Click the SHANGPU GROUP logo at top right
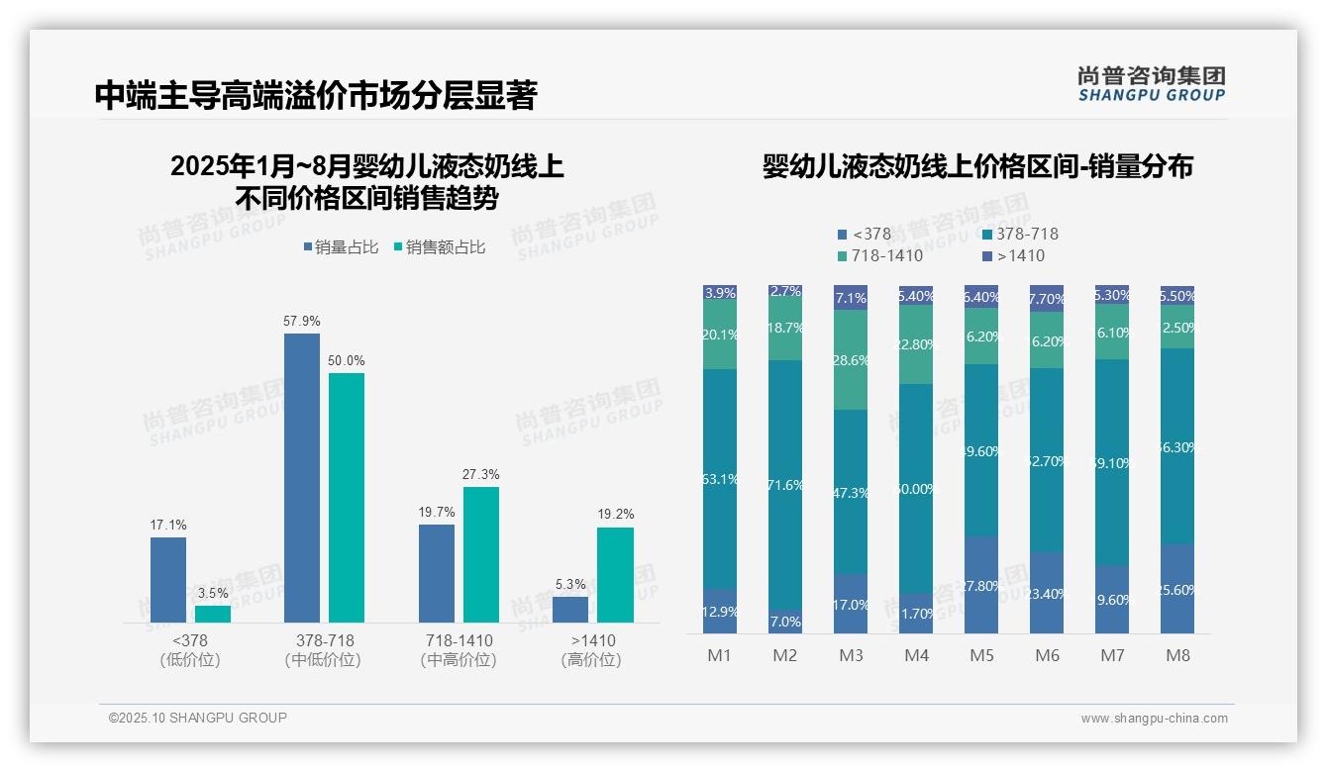(x=1151, y=84)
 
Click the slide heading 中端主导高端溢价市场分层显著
(x=316, y=96)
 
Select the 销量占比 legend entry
(x=340, y=247)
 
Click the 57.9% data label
(x=302, y=321)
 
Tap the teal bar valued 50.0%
(x=347, y=497)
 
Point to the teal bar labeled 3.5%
(x=213, y=614)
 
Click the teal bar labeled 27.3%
(x=481, y=554)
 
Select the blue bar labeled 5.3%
(x=570, y=610)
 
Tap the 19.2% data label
(x=616, y=515)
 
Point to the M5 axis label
(x=981, y=656)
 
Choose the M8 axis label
(x=1177, y=656)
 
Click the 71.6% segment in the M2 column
(x=785, y=485)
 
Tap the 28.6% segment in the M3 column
(x=851, y=360)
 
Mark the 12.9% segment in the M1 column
(x=720, y=612)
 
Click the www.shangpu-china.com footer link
(x=1154, y=719)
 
